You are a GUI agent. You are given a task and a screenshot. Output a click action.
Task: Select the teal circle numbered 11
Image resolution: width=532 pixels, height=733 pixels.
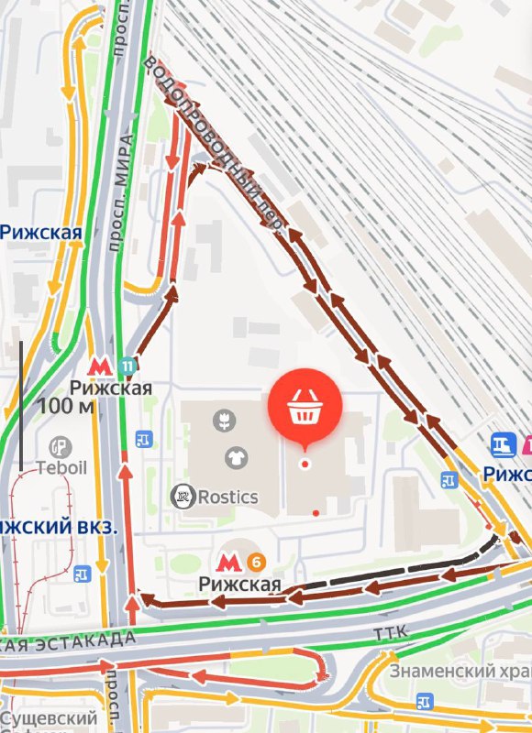pyautogui.click(x=127, y=366)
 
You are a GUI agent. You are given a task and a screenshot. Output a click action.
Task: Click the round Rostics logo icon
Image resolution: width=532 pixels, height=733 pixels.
pyautogui.click(x=183, y=497)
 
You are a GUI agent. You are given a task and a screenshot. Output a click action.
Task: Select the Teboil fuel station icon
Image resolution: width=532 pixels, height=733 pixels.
pyautogui.click(x=61, y=446)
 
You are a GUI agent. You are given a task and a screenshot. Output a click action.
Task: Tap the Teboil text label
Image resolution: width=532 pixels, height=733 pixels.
pyautogui.click(x=61, y=467)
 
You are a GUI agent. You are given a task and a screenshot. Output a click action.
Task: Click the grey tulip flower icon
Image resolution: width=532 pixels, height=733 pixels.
pyautogui.click(x=221, y=421)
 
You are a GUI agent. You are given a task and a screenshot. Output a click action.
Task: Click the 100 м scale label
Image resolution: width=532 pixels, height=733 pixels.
pyautogui.click(x=66, y=405)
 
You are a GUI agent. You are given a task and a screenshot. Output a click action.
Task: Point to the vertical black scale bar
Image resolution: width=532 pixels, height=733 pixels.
pyautogui.click(x=20, y=406)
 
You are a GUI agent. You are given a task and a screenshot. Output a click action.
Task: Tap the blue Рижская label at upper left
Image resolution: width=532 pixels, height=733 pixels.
pyautogui.click(x=40, y=232)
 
